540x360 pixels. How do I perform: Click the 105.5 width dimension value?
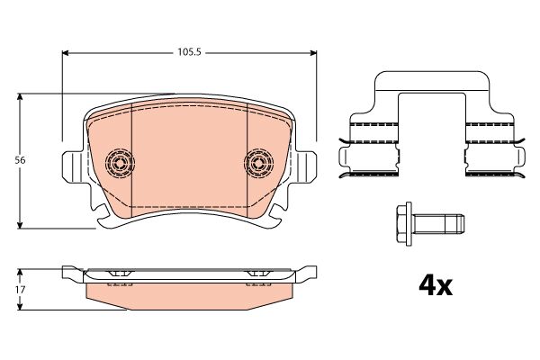pos(189,52)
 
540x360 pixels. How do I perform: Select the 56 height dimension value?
pos(20,160)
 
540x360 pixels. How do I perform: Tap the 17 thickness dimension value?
pos(21,290)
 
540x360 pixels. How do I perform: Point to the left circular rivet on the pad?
pos(120,163)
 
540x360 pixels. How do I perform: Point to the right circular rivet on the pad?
pos(258,163)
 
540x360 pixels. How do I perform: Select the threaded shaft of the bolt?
pos(439,224)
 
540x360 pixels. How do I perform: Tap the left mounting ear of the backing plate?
pos(73,167)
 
